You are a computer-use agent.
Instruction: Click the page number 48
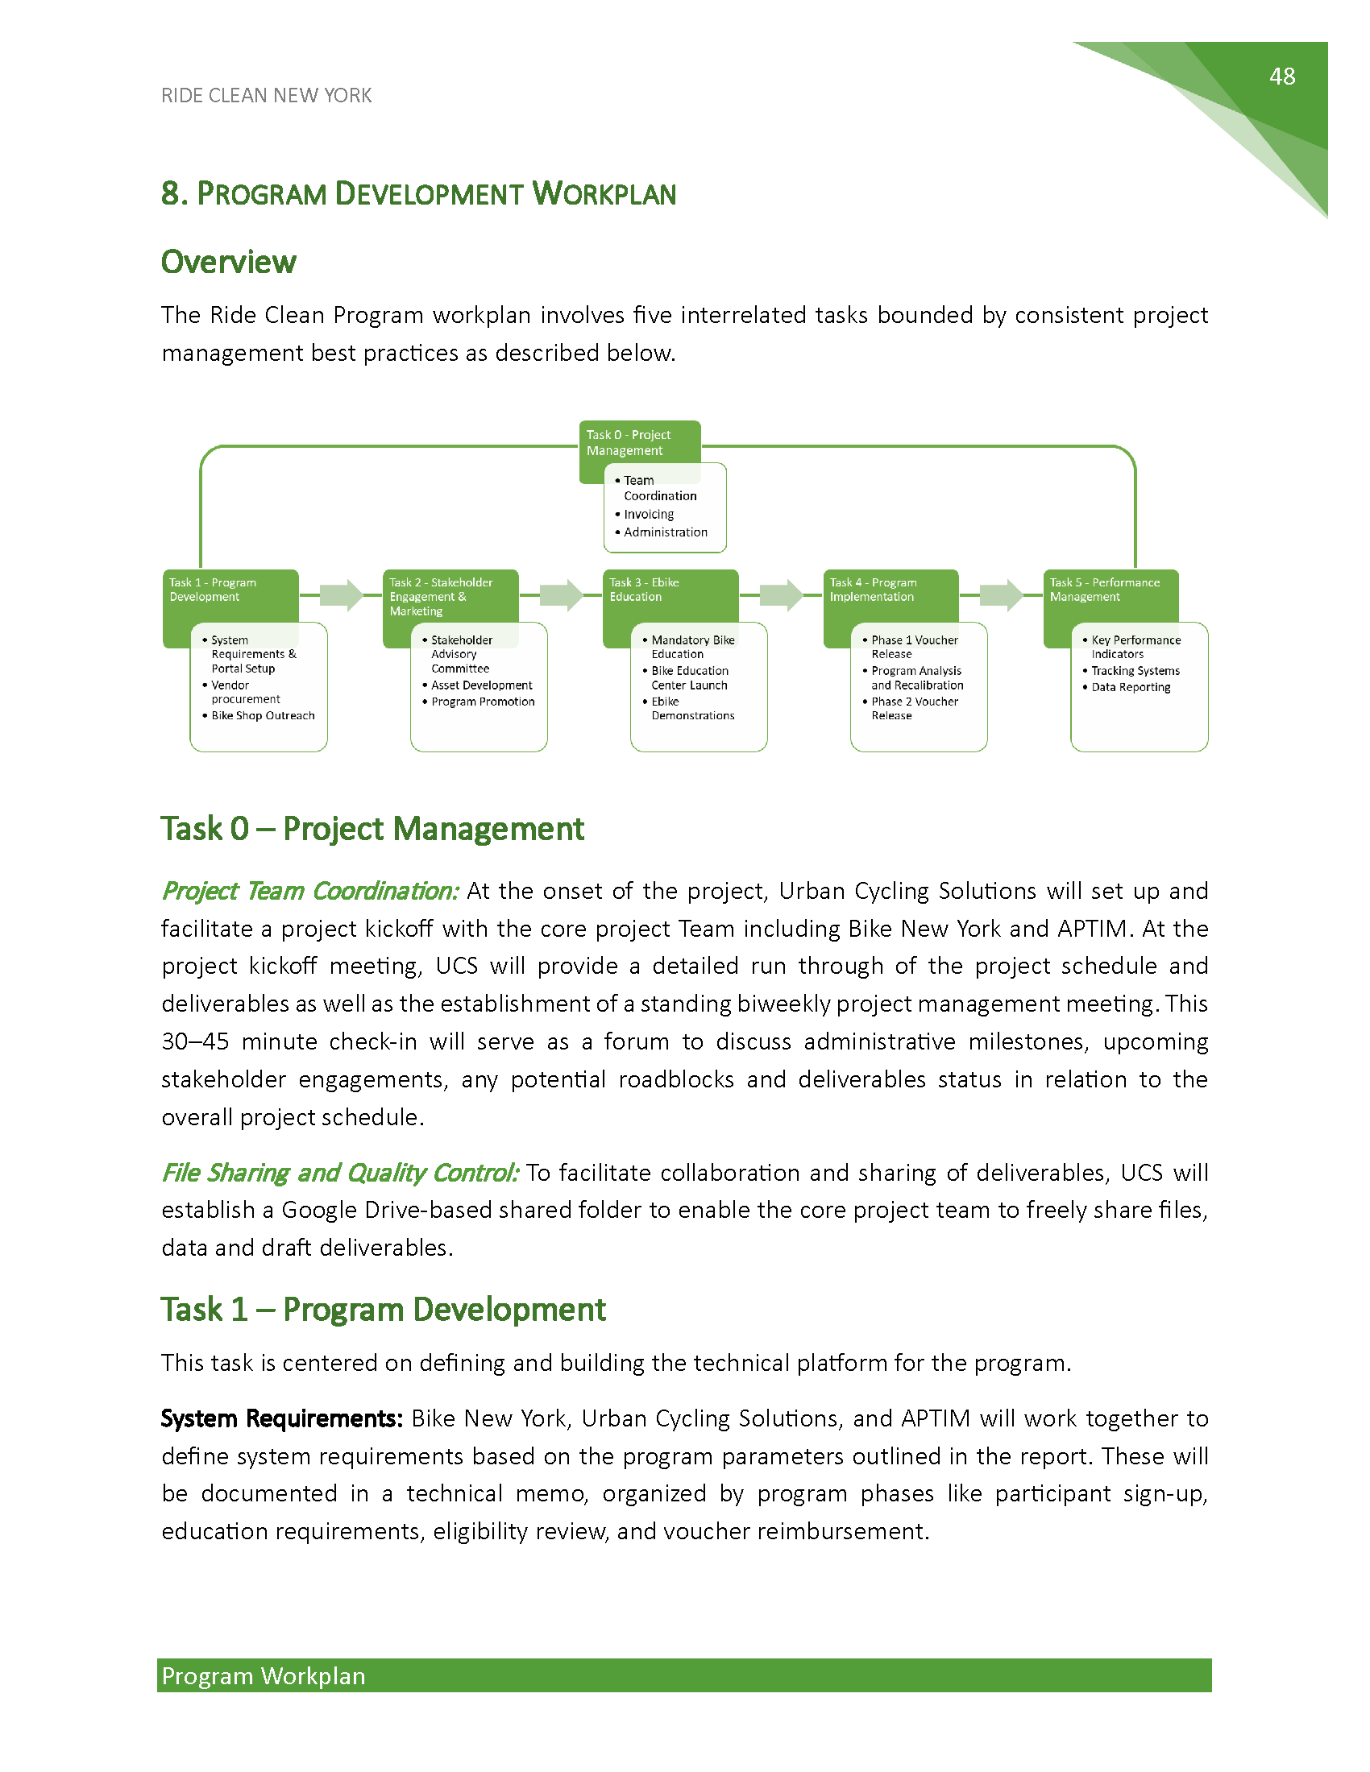(1281, 77)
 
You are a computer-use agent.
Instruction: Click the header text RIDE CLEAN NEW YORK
(266, 96)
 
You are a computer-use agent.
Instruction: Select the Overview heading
(228, 262)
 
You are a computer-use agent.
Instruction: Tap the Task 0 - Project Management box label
(629, 442)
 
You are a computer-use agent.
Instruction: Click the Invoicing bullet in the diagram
(649, 515)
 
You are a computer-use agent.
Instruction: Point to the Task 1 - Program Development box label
(213, 590)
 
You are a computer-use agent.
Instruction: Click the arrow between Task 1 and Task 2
(341, 594)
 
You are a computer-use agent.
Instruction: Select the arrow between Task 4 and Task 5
(1001, 594)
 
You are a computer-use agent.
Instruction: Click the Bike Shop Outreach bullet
(263, 715)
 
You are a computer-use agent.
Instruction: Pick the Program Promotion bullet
(483, 702)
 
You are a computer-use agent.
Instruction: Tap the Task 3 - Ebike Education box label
(645, 590)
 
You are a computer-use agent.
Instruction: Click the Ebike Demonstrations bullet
(692, 708)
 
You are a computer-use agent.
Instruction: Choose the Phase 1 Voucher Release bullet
(914, 647)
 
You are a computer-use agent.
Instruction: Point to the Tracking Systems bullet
(1135, 671)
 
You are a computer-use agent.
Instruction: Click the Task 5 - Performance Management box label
(1104, 590)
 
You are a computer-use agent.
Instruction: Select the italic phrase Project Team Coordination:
(310, 891)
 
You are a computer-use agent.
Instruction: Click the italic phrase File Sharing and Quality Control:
(339, 1173)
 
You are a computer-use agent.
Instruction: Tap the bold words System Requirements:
(281, 1418)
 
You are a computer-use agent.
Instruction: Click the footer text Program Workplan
(264, 1676)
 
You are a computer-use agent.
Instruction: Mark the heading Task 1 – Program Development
(383, 1310)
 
